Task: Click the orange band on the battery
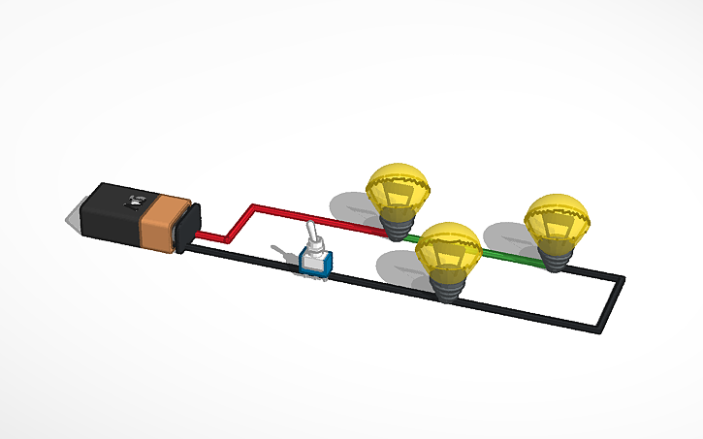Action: point(160,222)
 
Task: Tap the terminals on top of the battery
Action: point(131,202)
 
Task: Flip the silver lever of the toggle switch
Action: point(312,238)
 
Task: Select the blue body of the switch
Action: point(315,263)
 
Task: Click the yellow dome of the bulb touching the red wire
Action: point(398,182)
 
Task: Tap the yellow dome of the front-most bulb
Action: point(448,242)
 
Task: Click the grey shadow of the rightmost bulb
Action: point(506,237)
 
